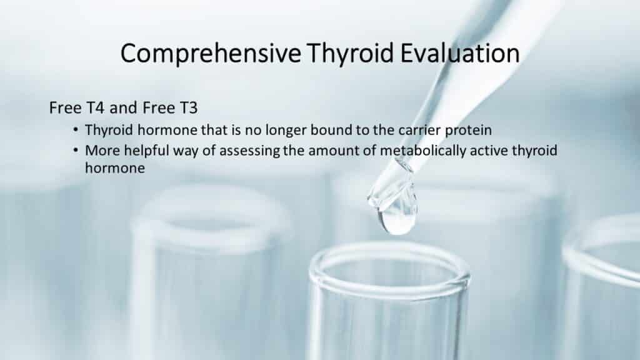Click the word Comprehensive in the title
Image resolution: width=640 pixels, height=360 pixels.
click(x=211, y=54)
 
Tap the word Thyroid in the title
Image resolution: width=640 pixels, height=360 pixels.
click(x=351, y=53)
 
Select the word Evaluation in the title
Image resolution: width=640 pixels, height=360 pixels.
click(x=460, y=53)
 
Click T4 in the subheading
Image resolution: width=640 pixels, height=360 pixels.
click(x=95, y=107)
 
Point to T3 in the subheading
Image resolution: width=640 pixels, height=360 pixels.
click(x=189, y=107)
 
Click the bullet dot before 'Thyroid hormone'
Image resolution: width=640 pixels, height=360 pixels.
click(x=76, y=130)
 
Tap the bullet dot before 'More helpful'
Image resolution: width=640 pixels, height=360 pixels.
click(x=76, y=150)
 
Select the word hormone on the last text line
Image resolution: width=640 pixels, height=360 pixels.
click(x=115, y=167)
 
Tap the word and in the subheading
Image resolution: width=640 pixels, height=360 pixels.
click(x=123, y=107)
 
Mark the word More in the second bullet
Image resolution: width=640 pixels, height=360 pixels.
click(x=102, y=151)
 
